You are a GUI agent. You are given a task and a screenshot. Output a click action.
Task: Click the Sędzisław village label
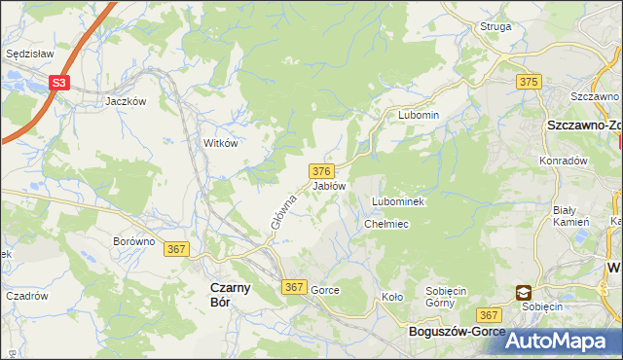click(28, 54)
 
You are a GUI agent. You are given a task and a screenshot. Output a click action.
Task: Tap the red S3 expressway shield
click(60, 84)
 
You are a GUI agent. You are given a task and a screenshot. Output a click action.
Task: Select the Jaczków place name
click(126, 100)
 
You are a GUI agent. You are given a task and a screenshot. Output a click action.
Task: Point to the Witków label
click(220, 142)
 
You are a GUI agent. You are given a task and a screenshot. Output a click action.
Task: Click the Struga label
click(495, 26)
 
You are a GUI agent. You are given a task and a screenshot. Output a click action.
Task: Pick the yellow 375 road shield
click(530, 82)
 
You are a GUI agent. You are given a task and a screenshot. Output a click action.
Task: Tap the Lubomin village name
click(419, 115)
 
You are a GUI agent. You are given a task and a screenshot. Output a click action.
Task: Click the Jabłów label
click(329, 185)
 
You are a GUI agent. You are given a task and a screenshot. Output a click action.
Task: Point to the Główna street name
click(283, 210)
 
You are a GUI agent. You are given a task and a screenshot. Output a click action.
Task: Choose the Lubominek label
click(395, 201)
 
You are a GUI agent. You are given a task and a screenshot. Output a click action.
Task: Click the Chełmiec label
click(385, 224)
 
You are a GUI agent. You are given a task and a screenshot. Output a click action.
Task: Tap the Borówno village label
click(134, 241)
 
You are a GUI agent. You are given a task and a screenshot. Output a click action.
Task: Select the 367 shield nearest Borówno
click(176, 249)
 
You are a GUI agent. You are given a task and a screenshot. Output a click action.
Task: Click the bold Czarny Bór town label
click(232, 294)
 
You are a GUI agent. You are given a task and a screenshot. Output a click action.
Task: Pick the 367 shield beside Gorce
click(295, 287)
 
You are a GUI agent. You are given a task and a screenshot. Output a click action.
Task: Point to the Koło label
click(391, 297)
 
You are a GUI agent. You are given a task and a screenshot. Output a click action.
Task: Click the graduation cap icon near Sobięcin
click(523, 292)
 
